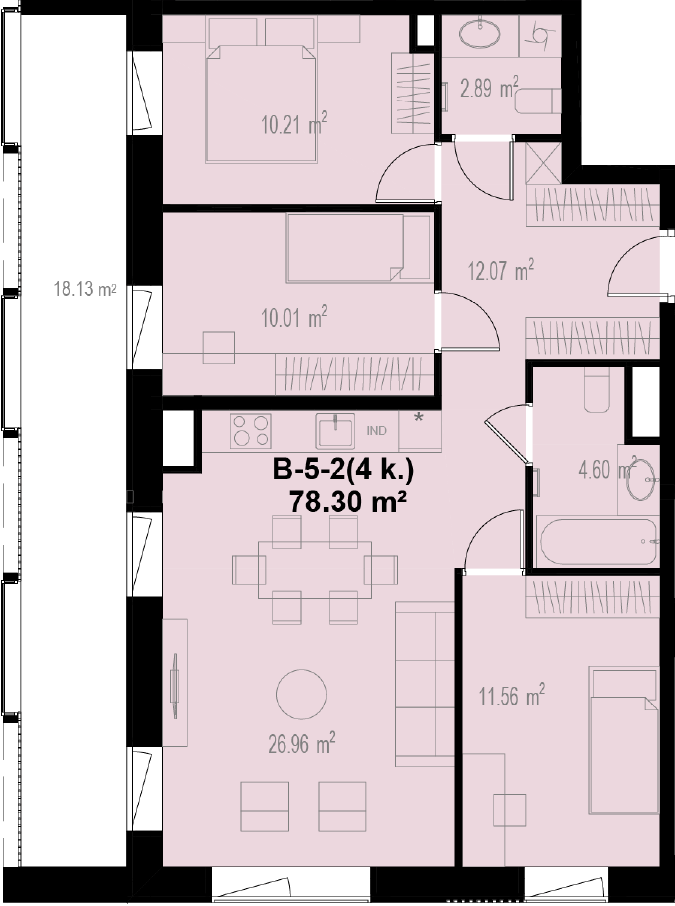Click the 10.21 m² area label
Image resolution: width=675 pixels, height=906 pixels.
(294, 124)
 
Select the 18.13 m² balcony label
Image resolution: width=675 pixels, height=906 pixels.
(85, 289)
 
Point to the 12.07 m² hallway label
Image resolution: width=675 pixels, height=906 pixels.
(501, 270)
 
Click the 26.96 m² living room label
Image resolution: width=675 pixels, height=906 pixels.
(302, 743)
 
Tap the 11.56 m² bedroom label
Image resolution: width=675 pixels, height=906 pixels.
(512, 695)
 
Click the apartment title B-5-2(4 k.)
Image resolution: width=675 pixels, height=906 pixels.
(343, 470)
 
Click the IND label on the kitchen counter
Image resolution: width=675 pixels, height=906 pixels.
(376, 431)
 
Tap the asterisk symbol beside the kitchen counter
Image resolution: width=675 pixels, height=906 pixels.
(419, 418)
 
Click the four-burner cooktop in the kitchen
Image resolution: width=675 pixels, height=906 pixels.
(251, 431)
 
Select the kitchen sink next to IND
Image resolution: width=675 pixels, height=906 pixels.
(335, 431)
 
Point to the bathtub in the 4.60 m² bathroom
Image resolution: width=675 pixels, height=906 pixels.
(598, 541)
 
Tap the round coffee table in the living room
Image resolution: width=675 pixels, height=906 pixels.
(302, 694)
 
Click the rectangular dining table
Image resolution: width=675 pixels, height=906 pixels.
(315, 570)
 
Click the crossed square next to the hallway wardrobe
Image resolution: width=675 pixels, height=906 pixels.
(544, 163)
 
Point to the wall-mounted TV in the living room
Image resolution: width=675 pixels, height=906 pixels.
(175, 686)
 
